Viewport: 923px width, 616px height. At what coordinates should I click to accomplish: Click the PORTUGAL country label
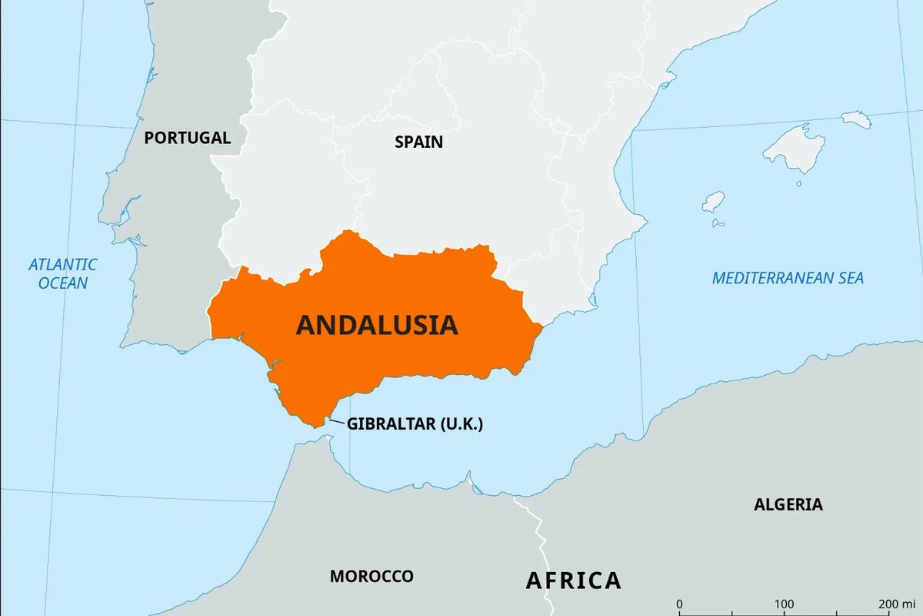(187, 138)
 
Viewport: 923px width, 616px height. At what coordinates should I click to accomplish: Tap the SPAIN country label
(418, 142)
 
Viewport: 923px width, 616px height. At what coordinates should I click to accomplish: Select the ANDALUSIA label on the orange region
(377, 325)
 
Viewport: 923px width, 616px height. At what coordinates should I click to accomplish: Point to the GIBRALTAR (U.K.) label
(415, 423)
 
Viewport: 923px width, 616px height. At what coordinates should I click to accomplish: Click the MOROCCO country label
(372, 576)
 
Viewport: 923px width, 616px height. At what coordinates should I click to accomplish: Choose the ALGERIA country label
(788, 504)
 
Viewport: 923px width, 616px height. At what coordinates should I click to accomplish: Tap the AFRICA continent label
(573, 580)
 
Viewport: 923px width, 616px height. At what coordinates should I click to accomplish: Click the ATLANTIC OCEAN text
(63, 273)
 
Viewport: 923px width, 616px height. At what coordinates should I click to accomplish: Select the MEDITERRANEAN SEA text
(788, 278)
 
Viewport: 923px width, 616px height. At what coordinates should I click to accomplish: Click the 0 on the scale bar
(679, 603)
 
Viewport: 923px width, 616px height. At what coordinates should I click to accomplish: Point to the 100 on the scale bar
(784, 603)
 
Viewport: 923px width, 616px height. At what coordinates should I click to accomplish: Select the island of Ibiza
(713, 202)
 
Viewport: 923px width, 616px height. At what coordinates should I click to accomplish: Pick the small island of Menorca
(855, 119)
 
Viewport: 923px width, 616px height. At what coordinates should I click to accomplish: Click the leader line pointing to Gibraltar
(336, 420)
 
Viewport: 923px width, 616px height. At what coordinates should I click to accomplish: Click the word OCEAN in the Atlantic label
(63, 283)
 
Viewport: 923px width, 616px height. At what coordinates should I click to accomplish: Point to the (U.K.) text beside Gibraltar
(461, 423)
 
